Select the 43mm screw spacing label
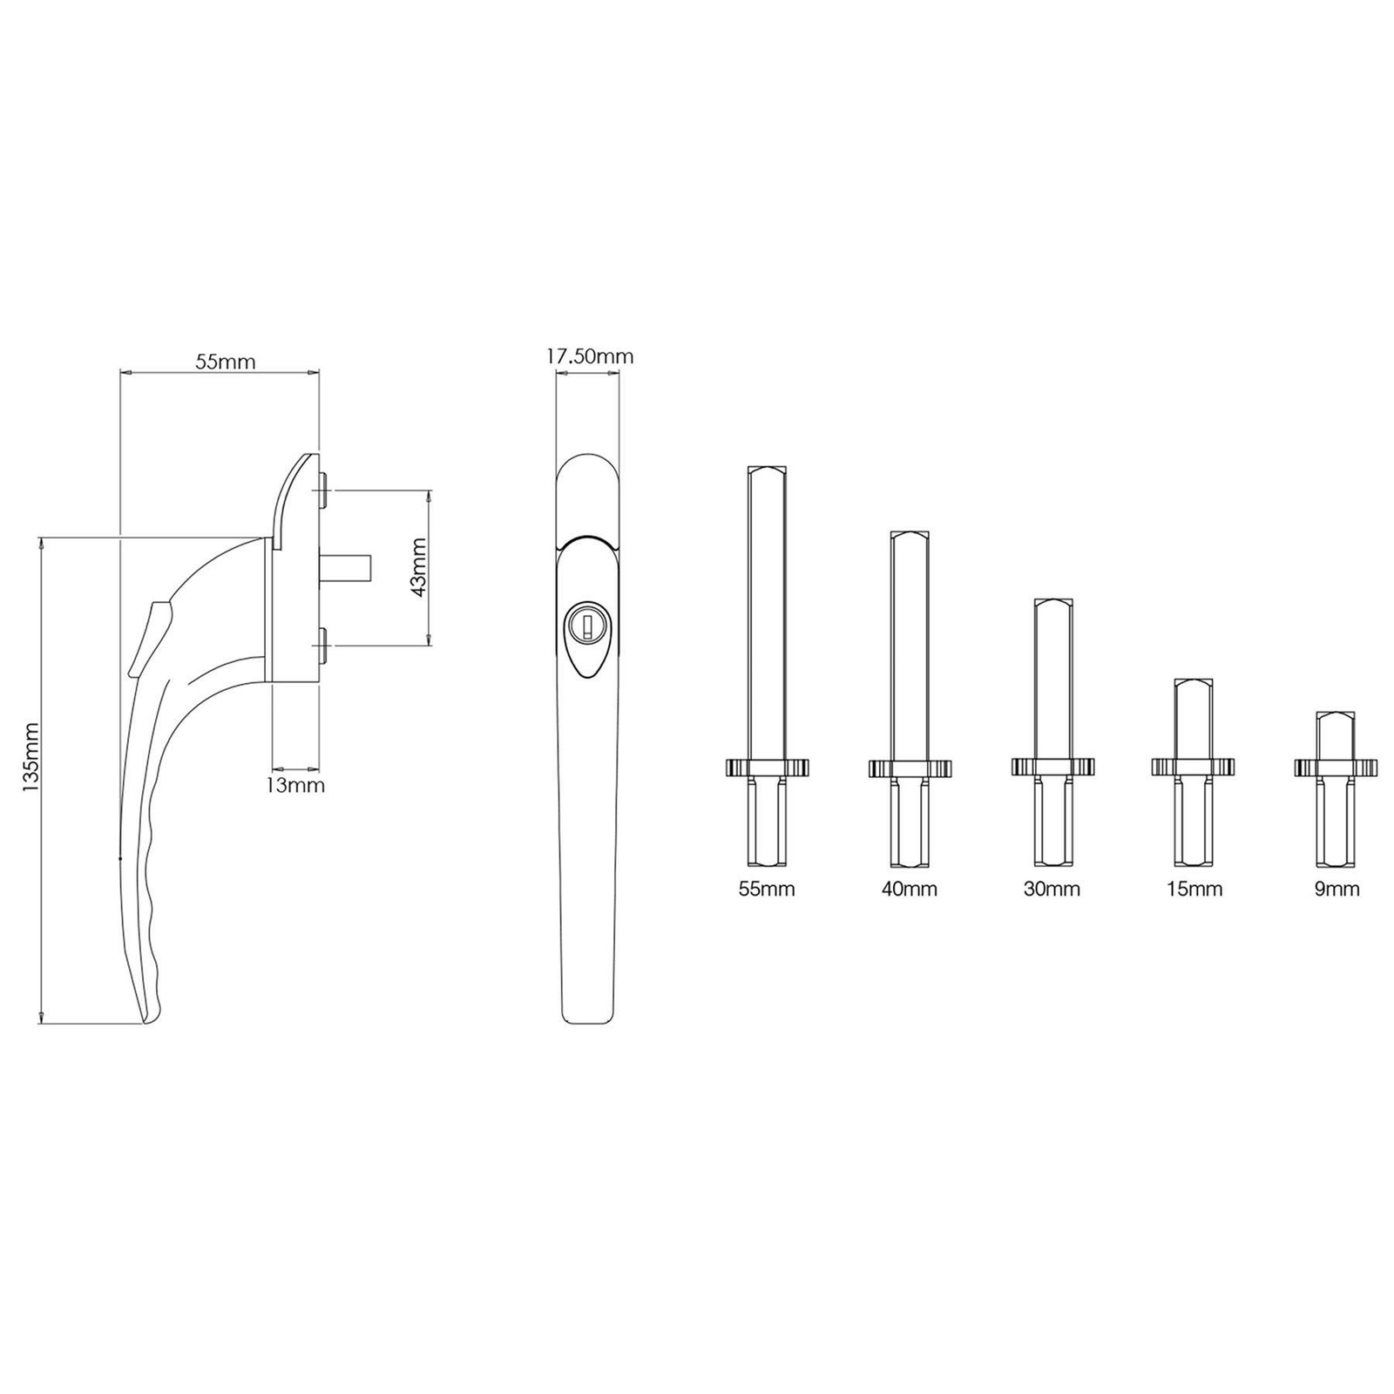(418, 566)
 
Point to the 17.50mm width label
(590, 356)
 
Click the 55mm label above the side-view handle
(225, 362)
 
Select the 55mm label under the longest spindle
(767, 890)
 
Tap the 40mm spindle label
(910, 890)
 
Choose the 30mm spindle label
(1052, 890)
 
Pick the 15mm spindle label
(1194, 890)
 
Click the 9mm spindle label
(1336, 890)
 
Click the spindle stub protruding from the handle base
(348, 568)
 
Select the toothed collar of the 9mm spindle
(1336, 768)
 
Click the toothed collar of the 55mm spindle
(767, 768)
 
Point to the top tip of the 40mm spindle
(910, 534)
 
